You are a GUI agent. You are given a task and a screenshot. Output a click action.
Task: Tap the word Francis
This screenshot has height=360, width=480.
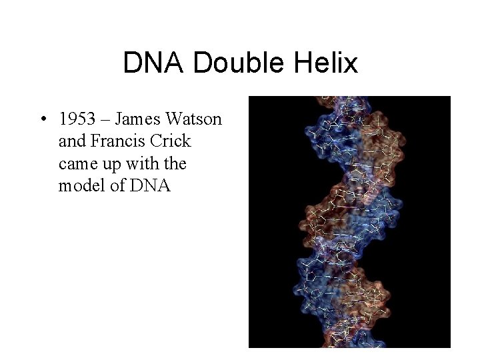(x=116, y=141)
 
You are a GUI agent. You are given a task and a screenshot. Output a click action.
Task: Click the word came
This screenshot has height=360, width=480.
(x=77, y=164)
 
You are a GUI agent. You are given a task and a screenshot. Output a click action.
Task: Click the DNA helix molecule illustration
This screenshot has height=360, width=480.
(x=349, y=222)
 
